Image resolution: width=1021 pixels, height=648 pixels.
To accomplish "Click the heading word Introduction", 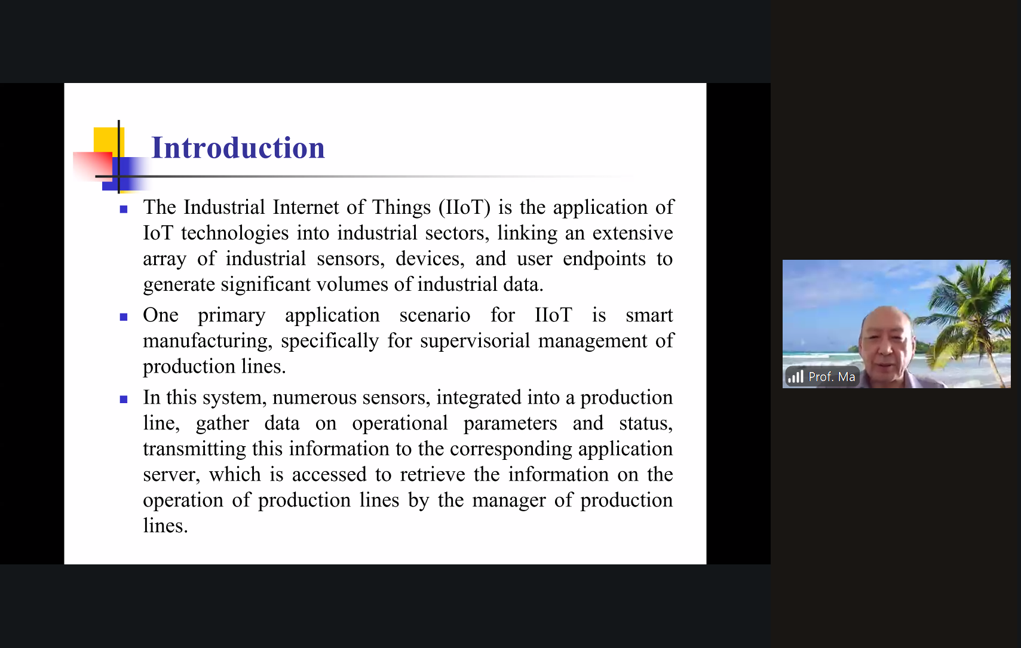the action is point(238,148).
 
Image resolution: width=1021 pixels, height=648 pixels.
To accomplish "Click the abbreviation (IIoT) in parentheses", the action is point(464,207).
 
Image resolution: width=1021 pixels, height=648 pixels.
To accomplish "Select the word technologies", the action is point(235,234).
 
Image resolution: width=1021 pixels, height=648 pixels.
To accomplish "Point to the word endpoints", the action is point(604,259).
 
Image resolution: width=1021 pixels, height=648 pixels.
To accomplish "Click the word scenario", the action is point(435,315).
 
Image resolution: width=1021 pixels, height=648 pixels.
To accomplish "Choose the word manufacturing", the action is point(207,341).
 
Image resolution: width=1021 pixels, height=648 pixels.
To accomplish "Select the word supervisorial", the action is point(474,341).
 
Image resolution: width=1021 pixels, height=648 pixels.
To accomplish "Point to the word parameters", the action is point(510,424).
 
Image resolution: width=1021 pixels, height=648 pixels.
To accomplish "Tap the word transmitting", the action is point(194,449).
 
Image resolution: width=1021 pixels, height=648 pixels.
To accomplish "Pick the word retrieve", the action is point(433,475).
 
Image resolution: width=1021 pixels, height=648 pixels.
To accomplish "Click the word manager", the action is point(508,501).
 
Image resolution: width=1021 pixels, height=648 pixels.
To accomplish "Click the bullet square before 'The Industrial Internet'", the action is point(124,209).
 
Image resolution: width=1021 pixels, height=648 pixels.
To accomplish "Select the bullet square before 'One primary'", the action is point(124,317).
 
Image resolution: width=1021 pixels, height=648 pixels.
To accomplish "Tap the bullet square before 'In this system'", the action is point(124,399).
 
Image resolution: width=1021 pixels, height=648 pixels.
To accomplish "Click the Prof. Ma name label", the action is point(832,377).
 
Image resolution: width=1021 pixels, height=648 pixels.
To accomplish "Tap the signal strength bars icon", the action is point(795,377).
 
